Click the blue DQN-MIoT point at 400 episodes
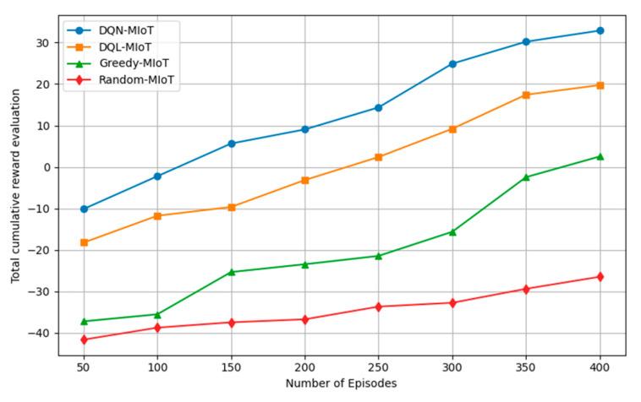click(x=600, y=30)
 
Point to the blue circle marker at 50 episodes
click(x=84, y=209)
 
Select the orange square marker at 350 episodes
click(x=526, y=95)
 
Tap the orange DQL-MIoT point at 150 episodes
click(x=231, y=207)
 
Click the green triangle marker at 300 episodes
click(x=452, y=231)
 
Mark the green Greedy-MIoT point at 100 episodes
click(x=157, y=314)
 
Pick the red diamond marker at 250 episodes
click(x=379, y=307)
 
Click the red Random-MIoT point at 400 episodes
click(x=600, y=277)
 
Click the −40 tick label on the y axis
click(x=40, y=334)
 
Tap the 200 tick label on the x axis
click(x=304, y=367)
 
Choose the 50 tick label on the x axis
click(x=84, y=367)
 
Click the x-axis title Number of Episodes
click(x=341, y=383)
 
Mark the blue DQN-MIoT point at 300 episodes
click(x=452, y=64)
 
